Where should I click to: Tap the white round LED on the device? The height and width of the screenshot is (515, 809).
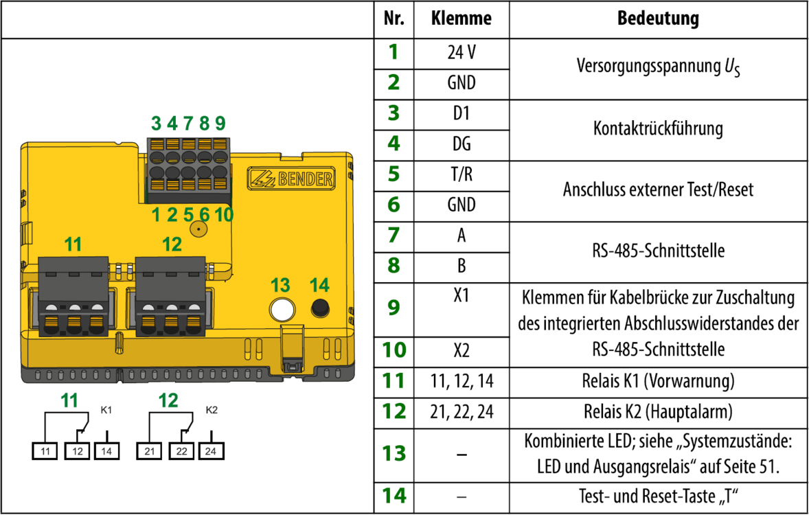pyautogui.click(x=280, y=309)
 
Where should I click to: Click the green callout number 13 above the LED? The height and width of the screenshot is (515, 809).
pyautogui.click(x=280, y=285)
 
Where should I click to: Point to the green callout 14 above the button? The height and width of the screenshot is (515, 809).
pyautogui.click(x=319, y=285)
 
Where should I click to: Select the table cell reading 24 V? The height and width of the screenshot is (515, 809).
pyautogui.click(x=462, y=52)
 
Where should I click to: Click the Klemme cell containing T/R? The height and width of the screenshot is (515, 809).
pyautogui.click(x=462, y=174)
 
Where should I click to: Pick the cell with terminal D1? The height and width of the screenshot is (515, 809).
pyautogui.click(x=462, y=113)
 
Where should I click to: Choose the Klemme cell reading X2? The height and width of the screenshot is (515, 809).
pyautogui.click(x=462, y=351)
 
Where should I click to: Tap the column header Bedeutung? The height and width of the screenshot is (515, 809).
pyautogui.click(x=658, y=19)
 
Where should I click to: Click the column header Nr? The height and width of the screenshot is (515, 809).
pyautogui.click(x=394, y=19)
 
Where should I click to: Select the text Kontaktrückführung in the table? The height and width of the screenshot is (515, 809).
pyautogui.click(x=658, y=128)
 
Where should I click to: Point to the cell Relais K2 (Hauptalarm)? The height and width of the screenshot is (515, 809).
pyautogui.click(x=658, y=412)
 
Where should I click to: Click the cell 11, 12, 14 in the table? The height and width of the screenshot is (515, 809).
pyautogui.click(x=462, y=381)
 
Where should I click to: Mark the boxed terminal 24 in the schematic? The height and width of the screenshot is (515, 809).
pyautogui.click(x=211, y=451)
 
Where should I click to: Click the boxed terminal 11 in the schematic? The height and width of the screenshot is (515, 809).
pyautogui.click(x=45, y=451)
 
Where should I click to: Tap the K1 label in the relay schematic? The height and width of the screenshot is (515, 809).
pyautogui.click(x=106, y=410)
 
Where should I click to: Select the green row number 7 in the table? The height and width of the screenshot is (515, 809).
pyautogui.click(x=394, y=236)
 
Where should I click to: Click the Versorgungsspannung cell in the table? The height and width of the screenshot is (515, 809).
pyautogui.click(x=658, y=67)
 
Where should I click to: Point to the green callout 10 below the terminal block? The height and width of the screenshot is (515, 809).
pyautogui.click(x=223, y=215)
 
